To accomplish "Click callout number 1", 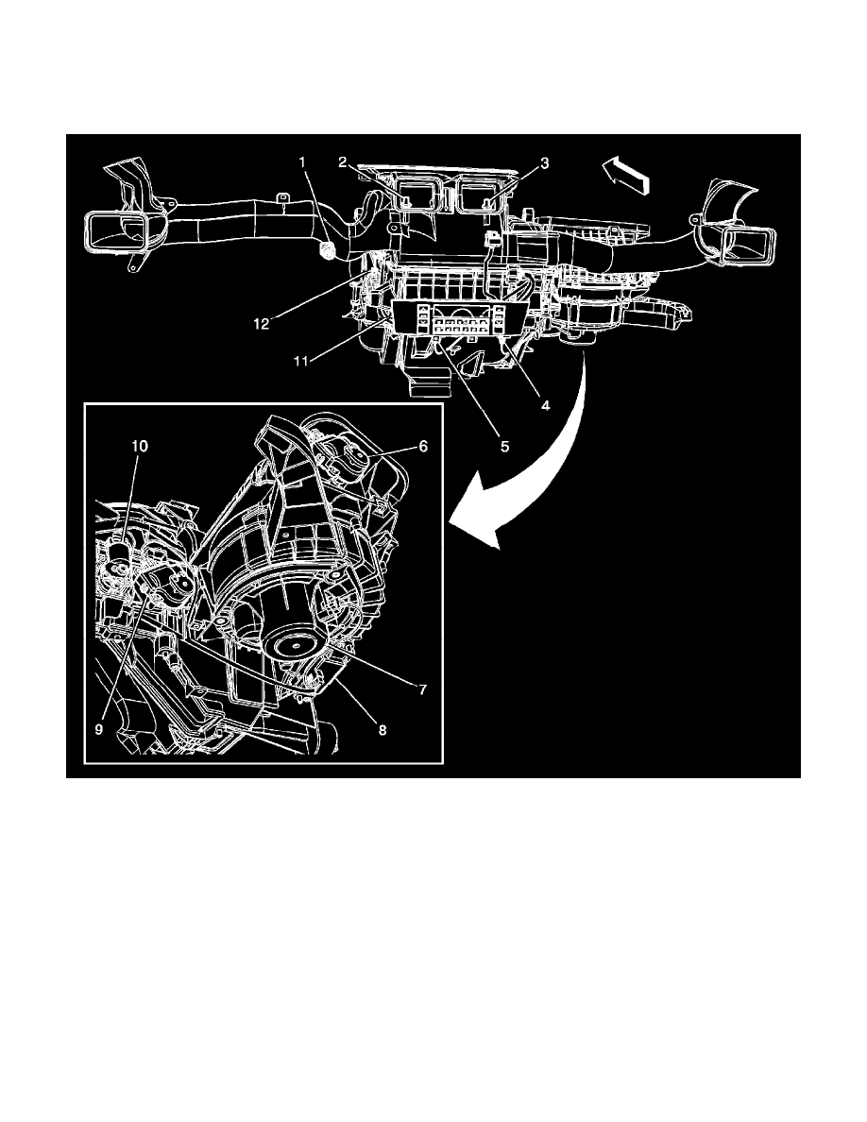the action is click(x=302, y=162).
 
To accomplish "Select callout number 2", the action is click(x=344, y=162).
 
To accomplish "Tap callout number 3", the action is click(x=545, y=163).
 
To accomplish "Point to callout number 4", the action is click(x=545, y=406).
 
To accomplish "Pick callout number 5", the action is click(x=505, y=447).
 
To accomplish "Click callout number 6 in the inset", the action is click(x=423, y=447).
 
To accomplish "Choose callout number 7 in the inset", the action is click(x=423, y=689).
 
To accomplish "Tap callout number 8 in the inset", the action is click(x=382, y=730).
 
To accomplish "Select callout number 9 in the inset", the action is click(x=100, y=730).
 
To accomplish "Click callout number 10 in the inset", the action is click(x=140, y=447).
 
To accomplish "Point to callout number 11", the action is click(x=302, y=362).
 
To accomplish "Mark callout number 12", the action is click(x=262, y=324).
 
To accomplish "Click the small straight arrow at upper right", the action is click(x=626, y=177).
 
